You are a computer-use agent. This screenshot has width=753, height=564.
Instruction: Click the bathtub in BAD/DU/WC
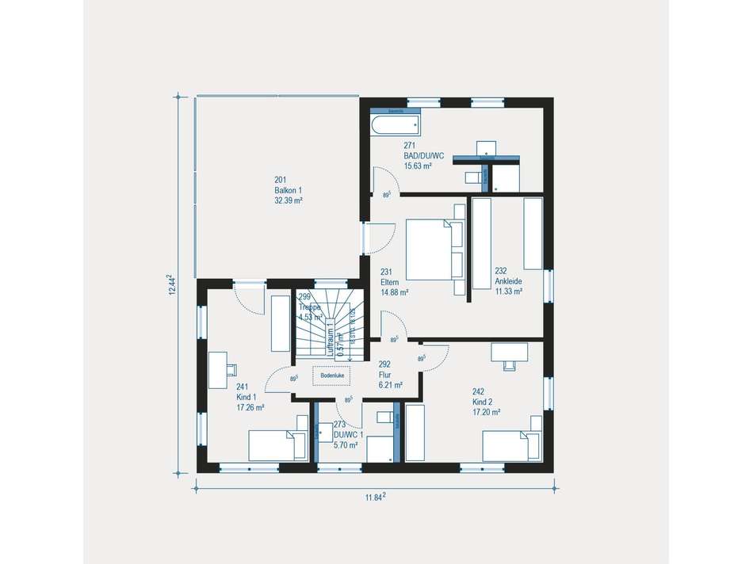pos(394,124)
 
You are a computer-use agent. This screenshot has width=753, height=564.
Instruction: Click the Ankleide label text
pos(509,280)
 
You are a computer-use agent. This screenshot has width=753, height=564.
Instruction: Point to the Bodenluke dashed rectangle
pos(332,376)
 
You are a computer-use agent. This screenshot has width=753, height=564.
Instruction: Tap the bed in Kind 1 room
pos(277,445)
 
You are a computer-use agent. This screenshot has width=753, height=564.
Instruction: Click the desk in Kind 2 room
pos(509,351)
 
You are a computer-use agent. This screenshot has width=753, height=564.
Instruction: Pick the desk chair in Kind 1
pos(231,368)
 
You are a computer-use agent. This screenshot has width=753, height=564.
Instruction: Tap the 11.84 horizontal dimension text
pos(375,497)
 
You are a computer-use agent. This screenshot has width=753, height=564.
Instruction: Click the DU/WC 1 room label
pos(348,435)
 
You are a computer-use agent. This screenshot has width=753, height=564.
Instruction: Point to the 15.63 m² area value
pos(417,166)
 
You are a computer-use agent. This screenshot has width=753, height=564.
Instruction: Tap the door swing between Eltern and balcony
pos(382,234)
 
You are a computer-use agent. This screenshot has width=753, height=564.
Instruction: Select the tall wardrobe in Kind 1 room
pos(281,323)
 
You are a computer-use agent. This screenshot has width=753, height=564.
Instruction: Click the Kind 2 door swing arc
pos(434,357)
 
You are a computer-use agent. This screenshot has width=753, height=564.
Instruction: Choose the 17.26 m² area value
pos(250,407)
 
